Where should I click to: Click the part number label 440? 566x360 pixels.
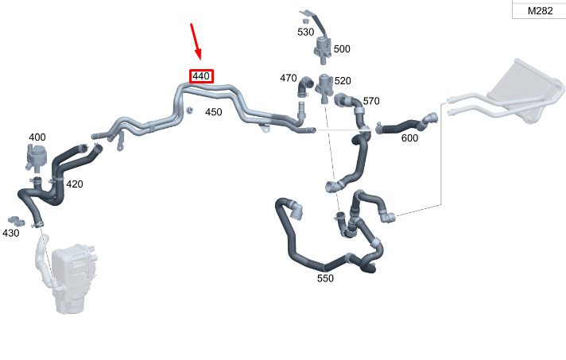click(201, 76)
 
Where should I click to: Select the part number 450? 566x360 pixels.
click(213, 112)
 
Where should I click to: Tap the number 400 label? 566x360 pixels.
click(37, 137)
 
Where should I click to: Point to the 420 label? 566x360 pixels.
click(74, 184)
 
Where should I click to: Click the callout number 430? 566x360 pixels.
click(11, 233)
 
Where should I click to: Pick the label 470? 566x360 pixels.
click(288, 78)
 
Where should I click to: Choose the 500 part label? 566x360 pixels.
click(342, 48)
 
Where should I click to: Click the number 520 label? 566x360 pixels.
click(343, 81)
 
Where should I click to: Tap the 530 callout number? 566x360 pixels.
click(306, 33)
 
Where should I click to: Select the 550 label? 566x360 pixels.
click(325, 278)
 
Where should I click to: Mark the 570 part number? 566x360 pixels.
click(371, 101)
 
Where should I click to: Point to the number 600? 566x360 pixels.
click(409, 138)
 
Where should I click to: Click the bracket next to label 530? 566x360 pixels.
click(310, 17)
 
